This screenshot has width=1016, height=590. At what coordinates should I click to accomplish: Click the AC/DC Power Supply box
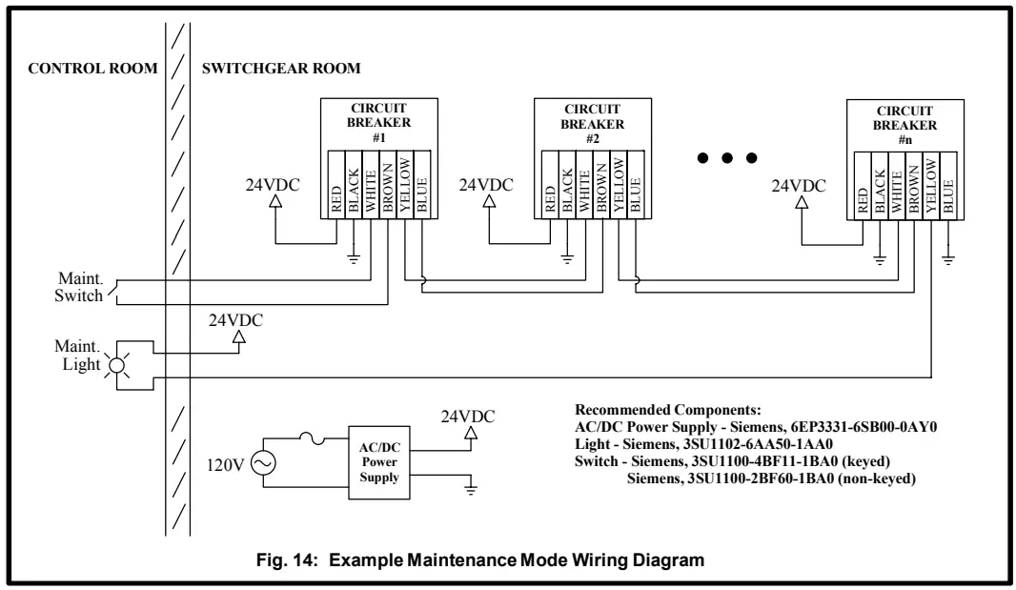[x=379, y=463]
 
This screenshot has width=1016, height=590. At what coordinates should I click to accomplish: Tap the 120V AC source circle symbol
[x=263, y=463]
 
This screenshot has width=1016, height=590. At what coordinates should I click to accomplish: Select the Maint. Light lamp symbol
[x=116, y=366]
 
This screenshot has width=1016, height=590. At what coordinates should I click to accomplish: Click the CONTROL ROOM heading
[x=92, y=68]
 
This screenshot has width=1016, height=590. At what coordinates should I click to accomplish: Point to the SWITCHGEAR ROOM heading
[x=281, y=68]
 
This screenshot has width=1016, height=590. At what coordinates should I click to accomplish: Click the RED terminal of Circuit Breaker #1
[x=336, y=185]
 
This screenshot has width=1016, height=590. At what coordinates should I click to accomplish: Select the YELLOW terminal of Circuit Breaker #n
[x=931, y=186]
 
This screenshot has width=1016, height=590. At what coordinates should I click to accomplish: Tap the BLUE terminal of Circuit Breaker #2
[x=636, y=185]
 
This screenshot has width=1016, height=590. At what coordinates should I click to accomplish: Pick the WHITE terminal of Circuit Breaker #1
[x=371, y=185]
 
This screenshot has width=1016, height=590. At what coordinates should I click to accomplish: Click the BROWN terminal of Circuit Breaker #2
[x=601, y=185]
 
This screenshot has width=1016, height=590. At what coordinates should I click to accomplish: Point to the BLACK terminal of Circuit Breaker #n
[x=880, y=186]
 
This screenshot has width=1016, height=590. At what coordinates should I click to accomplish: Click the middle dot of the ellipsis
[x=727, y=157]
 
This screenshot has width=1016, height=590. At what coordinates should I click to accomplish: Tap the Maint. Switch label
[x=78, y=287]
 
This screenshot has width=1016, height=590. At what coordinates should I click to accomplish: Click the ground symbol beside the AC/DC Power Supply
[x=471, y=488]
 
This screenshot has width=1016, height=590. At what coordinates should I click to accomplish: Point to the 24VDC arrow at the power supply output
[x=471, y=432]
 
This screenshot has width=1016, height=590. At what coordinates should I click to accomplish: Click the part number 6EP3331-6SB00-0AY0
[x=864, y=427]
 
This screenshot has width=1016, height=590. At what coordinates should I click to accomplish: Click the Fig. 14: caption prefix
[x=288, y=560]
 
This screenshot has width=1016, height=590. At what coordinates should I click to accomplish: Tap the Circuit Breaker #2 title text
[x=592, y=124]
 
